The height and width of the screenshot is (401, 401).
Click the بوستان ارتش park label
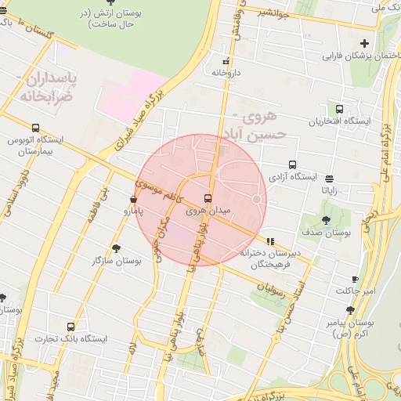tap(107, 19)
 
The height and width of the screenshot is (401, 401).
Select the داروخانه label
tap(225, 71)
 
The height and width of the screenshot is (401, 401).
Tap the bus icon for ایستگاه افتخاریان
tap(339, 110)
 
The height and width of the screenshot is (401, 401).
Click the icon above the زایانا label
tap(329, 179)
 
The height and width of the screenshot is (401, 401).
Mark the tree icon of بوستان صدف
tap(327, 220)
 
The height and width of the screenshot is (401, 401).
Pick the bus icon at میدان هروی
tap(208, 198)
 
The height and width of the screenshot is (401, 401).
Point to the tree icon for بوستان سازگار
tap(117, 248)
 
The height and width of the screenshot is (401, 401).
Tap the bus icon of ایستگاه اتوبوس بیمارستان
tap(35, 128)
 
